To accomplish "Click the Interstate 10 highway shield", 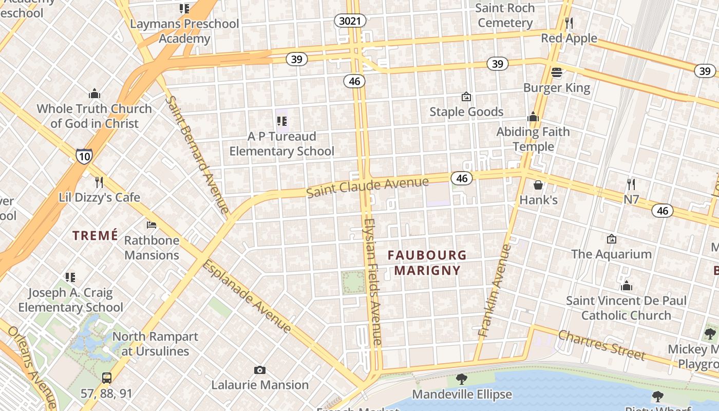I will coord(84,156).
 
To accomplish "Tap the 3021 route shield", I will coord(350,21).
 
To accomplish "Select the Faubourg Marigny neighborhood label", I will coord(427,263).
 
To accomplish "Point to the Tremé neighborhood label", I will coord(95,235).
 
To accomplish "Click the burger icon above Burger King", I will coord(557,72).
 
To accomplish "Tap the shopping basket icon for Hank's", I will coord(538,184).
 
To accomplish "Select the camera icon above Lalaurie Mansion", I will coord(260,370).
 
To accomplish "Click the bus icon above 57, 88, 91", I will coord(106,378).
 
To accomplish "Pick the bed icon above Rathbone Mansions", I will coord(152,225).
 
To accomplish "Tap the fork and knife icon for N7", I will coord(631,184).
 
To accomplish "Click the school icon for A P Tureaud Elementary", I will coord(281,121).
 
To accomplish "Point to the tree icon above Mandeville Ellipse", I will coord(462,379).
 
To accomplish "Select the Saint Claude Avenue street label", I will coord(367,187).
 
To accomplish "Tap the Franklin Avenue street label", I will coord(495,291).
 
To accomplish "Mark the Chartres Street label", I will coord(601,345).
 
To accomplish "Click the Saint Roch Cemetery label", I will coord(505,15).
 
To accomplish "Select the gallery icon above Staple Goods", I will coord(466,97).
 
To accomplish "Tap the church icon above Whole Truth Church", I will coord(94,94).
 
